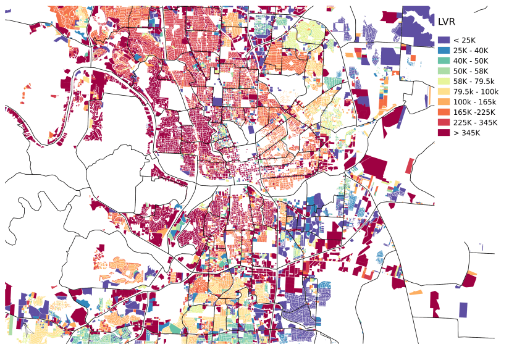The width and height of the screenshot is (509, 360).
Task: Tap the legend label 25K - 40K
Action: [471, 51]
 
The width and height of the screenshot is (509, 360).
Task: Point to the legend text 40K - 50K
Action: [471, 61]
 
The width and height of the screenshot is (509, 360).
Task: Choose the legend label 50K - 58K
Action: [471, 71]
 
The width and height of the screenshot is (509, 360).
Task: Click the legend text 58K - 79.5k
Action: [474, 82]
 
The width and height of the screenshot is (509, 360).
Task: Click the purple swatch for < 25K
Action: [444, 40]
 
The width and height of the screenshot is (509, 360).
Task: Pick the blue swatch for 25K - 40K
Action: [444, 51]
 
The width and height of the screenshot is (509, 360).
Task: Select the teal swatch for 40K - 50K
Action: [444, 61]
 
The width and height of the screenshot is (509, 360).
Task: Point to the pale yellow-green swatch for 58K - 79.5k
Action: [444, 82]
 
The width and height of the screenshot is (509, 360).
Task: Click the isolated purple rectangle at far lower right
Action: [463, 309]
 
